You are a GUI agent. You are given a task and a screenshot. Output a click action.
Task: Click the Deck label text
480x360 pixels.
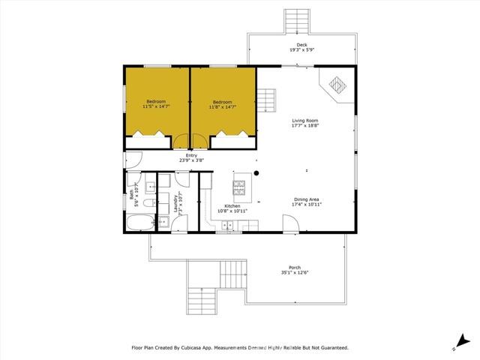point(301,45)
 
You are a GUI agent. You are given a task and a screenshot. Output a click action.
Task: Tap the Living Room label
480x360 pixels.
point(305,121)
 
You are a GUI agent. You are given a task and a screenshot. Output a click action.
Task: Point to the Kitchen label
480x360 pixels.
point(232,205)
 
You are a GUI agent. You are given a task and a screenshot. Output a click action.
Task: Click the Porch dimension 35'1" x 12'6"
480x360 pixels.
point(295,272)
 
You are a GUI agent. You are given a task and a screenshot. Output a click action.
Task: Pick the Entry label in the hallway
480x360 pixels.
point(191,155)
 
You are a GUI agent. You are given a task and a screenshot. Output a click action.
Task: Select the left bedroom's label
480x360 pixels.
point(156,102)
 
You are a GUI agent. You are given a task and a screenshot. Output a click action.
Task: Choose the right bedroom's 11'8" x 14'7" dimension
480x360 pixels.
point(222,107)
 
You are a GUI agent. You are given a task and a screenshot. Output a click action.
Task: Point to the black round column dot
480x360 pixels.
point(256,173)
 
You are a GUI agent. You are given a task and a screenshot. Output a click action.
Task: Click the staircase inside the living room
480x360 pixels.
point(267,97)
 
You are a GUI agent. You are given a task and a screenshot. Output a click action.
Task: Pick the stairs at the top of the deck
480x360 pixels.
point(296,22)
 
